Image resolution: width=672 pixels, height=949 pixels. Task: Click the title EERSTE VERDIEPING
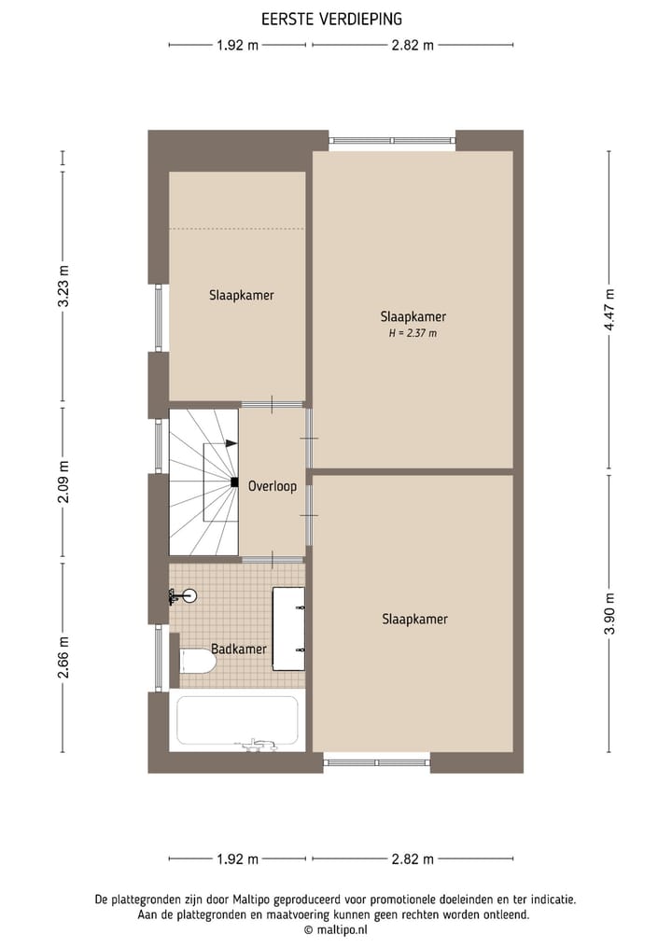(x=332, y=18)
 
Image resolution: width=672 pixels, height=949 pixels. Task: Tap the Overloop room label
(x=273, y=486)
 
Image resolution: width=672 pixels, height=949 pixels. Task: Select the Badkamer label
(x=239, y=649)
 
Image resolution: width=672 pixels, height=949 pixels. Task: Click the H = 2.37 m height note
(x=413, y=333)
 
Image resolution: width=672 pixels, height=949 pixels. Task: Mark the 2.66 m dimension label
(x=63, y=659)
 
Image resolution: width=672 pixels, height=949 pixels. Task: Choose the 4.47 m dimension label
(x=609, y=309)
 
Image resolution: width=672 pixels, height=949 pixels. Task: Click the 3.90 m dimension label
(x=609, y=613)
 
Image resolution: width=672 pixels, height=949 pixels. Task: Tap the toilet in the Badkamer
(x=197, y=662)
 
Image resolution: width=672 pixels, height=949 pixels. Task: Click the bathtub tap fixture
(x=255, y=744)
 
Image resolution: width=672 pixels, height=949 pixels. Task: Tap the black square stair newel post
(x=233, y=482)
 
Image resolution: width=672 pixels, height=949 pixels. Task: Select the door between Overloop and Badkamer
(x=273, y=559)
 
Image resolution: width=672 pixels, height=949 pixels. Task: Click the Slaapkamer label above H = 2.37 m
(x=413, y=315)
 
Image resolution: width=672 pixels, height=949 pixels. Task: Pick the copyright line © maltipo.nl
(x=335, y=930)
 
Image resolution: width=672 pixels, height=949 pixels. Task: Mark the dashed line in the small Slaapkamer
(x=237, y=228)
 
